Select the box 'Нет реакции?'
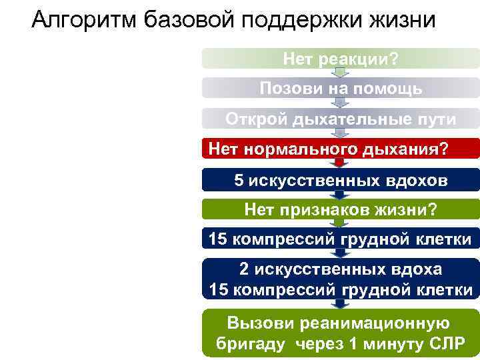[x=340, y=60]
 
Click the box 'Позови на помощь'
[x=340, y=89]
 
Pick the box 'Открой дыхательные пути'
[x=340, y=119]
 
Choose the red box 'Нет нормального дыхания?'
[x=340, y=148]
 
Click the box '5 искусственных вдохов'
[x=340, y=180]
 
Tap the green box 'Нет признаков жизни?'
[x=340, y=210]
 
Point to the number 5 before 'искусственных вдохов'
[x=239, y=180]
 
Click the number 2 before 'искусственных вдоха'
[x=245, y=269]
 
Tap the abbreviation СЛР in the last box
[x=445, y=345]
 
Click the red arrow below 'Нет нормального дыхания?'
[x=340, y=163]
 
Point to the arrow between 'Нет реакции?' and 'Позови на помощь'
[x=340, y=73]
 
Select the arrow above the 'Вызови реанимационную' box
[x=340, y=304]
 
